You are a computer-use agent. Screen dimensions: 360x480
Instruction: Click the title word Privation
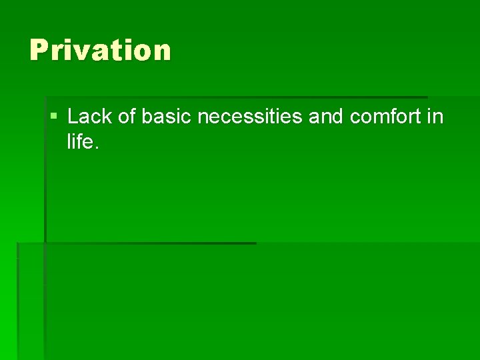100,51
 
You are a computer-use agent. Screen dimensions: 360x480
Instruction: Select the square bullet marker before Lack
53,117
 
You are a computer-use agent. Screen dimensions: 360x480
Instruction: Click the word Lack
87,117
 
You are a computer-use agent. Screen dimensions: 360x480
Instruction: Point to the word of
123,117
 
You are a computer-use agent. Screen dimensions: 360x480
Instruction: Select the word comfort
385,117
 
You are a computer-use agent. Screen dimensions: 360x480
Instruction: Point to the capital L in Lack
73,117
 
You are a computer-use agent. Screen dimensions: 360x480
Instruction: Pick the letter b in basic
147,117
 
